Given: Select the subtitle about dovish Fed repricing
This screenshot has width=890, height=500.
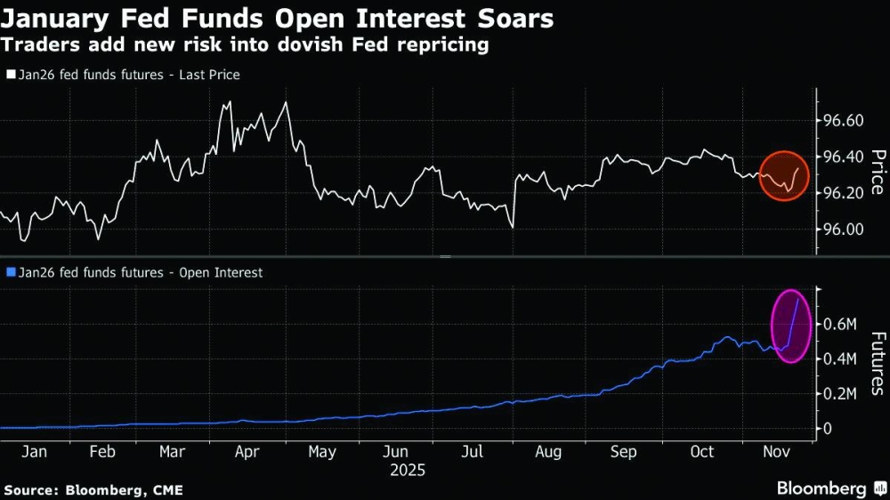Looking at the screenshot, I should click(246, 44).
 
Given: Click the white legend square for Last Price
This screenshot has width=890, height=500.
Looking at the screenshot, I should click(11, 76).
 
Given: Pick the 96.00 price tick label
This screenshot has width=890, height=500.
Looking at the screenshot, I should click(840, 230).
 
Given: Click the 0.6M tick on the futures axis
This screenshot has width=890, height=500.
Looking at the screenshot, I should click(840, 324).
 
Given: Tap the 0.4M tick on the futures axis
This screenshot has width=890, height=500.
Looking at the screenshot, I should click(840, 359).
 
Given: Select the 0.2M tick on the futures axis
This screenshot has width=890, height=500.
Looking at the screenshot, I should click(840, 393).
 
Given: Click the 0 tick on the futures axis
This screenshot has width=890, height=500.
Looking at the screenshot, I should click(828, 428).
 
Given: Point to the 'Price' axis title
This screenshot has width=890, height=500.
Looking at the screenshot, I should click(877, 172).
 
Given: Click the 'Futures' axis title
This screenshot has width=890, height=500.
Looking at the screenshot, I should click(877, 363).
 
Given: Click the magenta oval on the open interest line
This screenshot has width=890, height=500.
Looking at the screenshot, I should click(790, 327).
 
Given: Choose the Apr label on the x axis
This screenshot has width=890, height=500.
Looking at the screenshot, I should click(247, 452).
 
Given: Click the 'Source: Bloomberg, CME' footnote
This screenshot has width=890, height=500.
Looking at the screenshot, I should click(88, 489).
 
